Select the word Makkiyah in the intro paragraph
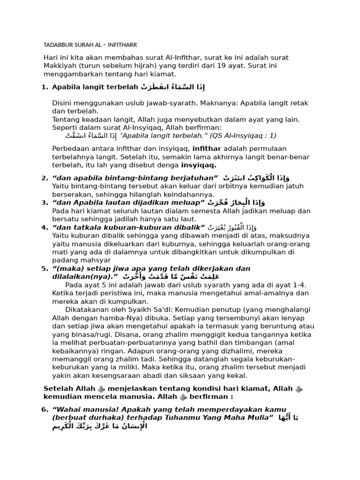60,66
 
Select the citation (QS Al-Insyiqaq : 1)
243,135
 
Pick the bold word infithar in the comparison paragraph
207,148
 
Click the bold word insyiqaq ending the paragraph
199,165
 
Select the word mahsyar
96,260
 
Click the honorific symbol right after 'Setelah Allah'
101,389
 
